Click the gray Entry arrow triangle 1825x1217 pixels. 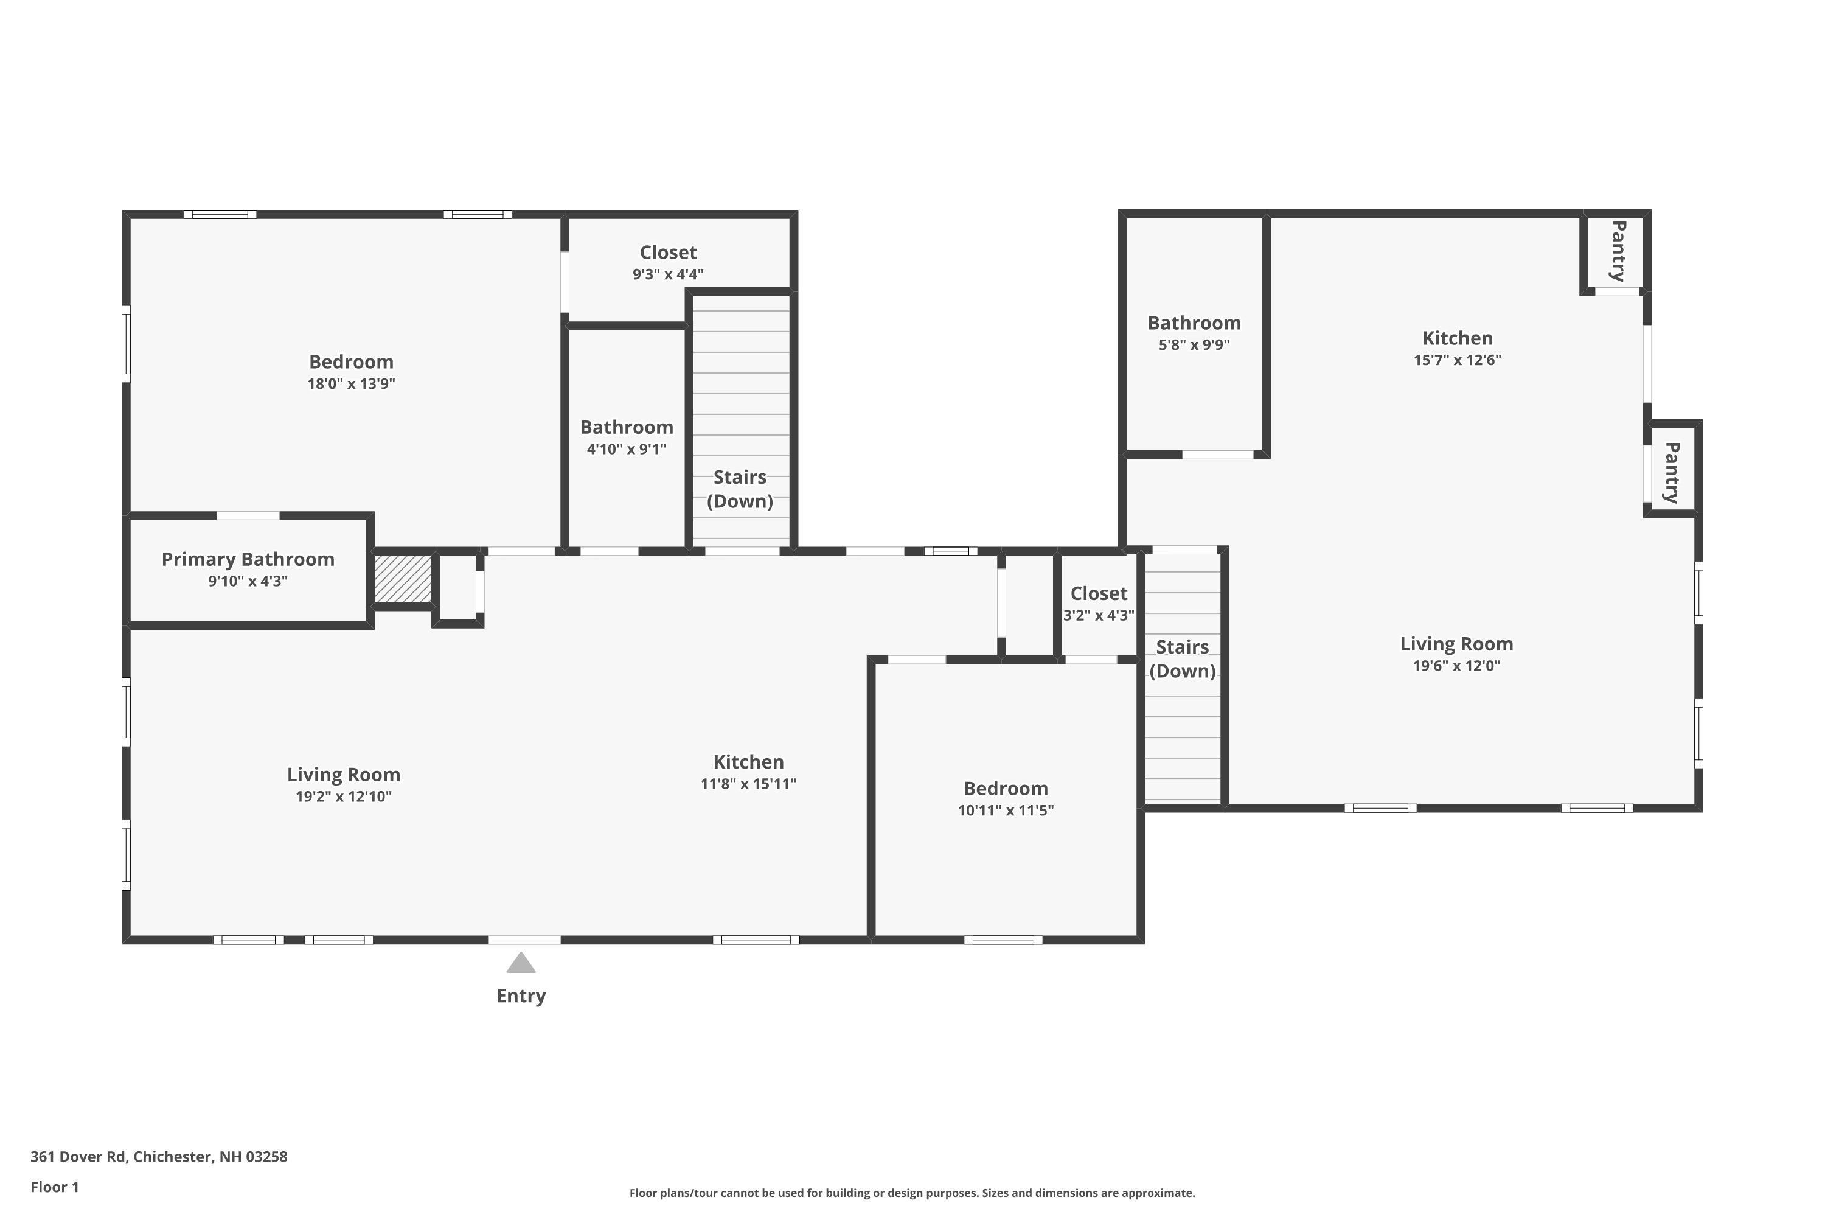pos(521,964)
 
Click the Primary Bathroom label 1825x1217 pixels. pos(248,560)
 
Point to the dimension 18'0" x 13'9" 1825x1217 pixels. pos(351,383)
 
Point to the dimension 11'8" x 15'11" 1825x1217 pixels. pos(748,784)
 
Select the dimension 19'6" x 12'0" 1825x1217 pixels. pos(1456,666)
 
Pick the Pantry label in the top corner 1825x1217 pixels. pos(1617,251)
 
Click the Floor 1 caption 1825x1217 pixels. pos(54,1187)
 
